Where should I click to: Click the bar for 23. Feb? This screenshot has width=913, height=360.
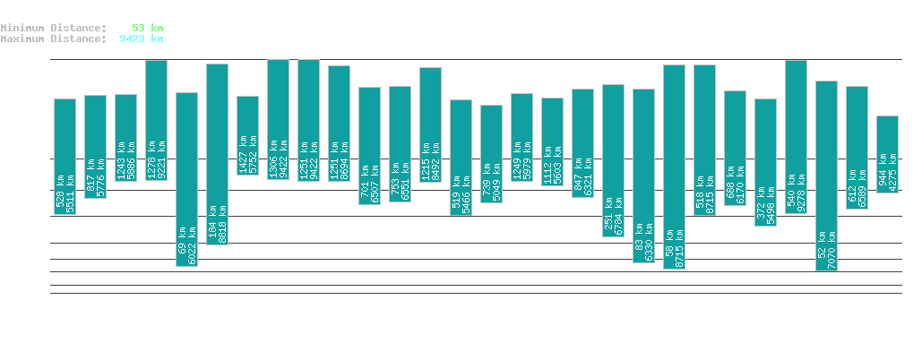click(x=186, y=179)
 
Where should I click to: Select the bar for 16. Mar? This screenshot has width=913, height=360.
click(x=826, y=176)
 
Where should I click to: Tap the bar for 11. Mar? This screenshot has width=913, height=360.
click(x=674, y=167)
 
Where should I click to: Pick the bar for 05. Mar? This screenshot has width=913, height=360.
click(x=491, y=154)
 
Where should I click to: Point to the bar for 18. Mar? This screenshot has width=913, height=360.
click(x=887, y=154)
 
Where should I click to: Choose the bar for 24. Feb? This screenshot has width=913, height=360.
click(x=217, y=154)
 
